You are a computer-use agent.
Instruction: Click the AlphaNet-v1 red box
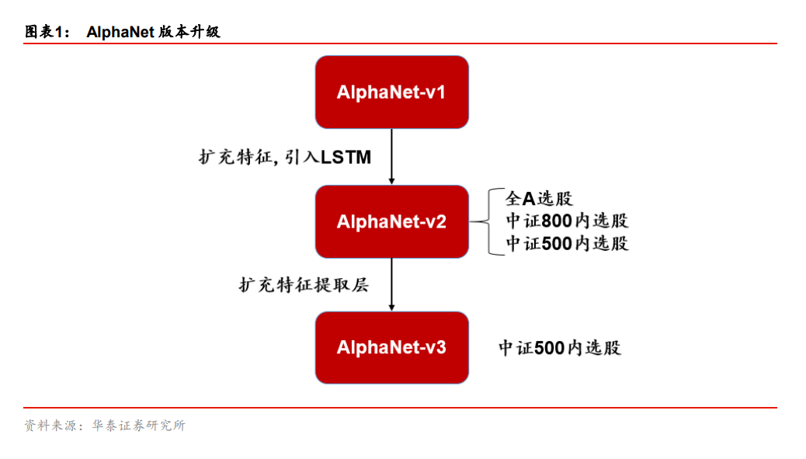point(391,92)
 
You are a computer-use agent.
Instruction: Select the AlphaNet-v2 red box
point(391,221)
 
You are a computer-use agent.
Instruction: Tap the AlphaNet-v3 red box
point(391,347)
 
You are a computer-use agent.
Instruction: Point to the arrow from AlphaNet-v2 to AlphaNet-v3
point(391,284)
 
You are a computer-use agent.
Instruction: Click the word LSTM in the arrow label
point(346,158)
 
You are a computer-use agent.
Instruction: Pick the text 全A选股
point(539,199)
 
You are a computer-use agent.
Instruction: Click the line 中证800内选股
point(567,221)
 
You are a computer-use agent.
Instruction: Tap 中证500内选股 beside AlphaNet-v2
point(567,243)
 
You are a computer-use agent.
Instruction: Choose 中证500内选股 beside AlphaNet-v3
point(560,347)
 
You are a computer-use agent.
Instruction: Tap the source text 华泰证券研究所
point(140,426)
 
